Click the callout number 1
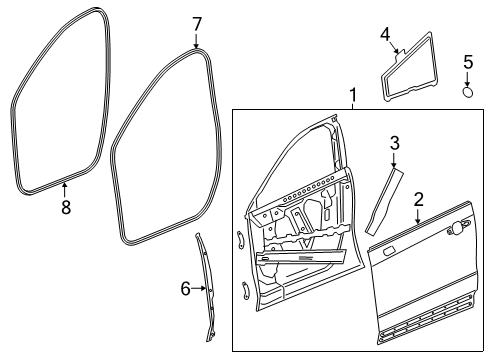pos(352,95)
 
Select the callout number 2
pos(419,199)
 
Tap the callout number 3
pos(395,143)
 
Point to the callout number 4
pos(385,35)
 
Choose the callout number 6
pos(185,289)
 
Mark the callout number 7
pos(196,23)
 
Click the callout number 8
pos(66,207)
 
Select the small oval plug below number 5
pos(468,92)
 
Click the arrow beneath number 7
pos(196,41)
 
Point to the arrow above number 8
pos(66,188)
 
